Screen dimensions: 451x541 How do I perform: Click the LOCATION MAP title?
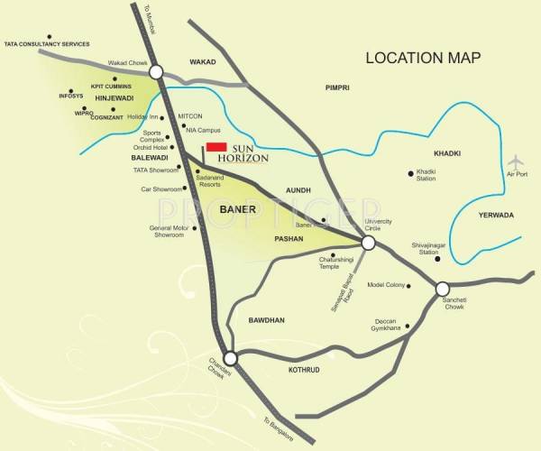[x=423, y=58]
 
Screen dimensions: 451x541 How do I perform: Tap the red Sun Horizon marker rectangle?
[x=215, y=147]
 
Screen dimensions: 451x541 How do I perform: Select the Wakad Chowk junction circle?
[x=156, y=72]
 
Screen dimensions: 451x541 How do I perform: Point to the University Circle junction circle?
[x=368, y=243]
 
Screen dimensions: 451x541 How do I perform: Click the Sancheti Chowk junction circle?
[x=442, y=290]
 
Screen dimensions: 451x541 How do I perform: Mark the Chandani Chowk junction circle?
[x=230, y=358]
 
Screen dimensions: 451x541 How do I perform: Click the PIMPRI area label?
[x=337, y=87]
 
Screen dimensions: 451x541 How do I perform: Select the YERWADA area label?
[x=497, y=216]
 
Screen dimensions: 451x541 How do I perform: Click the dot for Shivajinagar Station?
[x=437, y=259]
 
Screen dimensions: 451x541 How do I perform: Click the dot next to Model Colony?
[x=408, y=287]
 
